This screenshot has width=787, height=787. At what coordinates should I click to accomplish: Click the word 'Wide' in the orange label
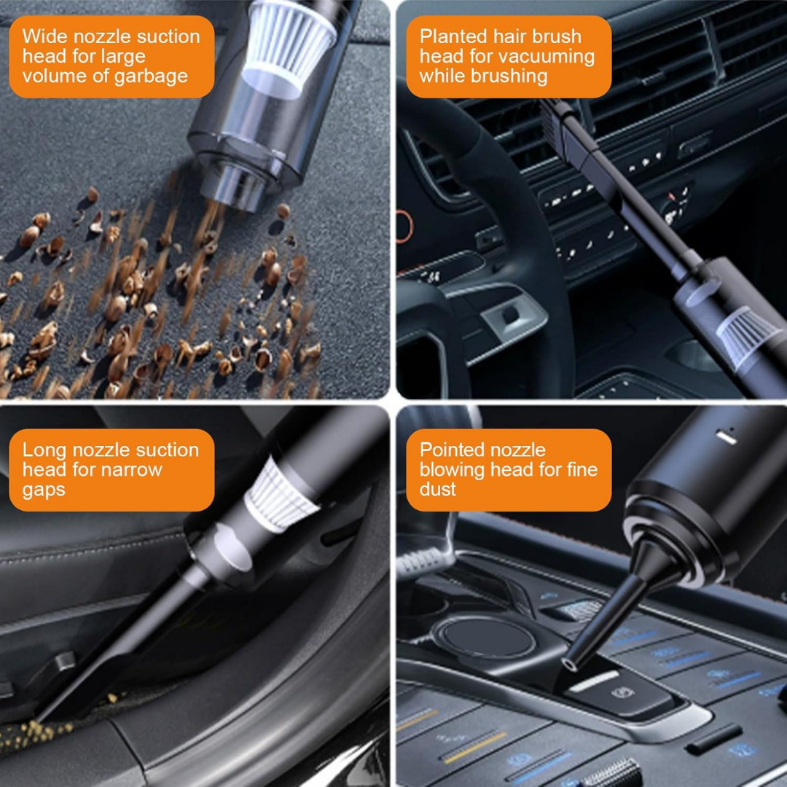41,36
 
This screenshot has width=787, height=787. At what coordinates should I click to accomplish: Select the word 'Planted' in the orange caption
453,36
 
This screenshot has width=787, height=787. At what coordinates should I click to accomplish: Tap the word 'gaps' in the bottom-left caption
43,489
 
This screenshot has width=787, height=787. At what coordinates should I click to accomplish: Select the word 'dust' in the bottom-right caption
437,489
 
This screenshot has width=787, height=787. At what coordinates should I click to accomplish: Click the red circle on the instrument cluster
403,225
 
